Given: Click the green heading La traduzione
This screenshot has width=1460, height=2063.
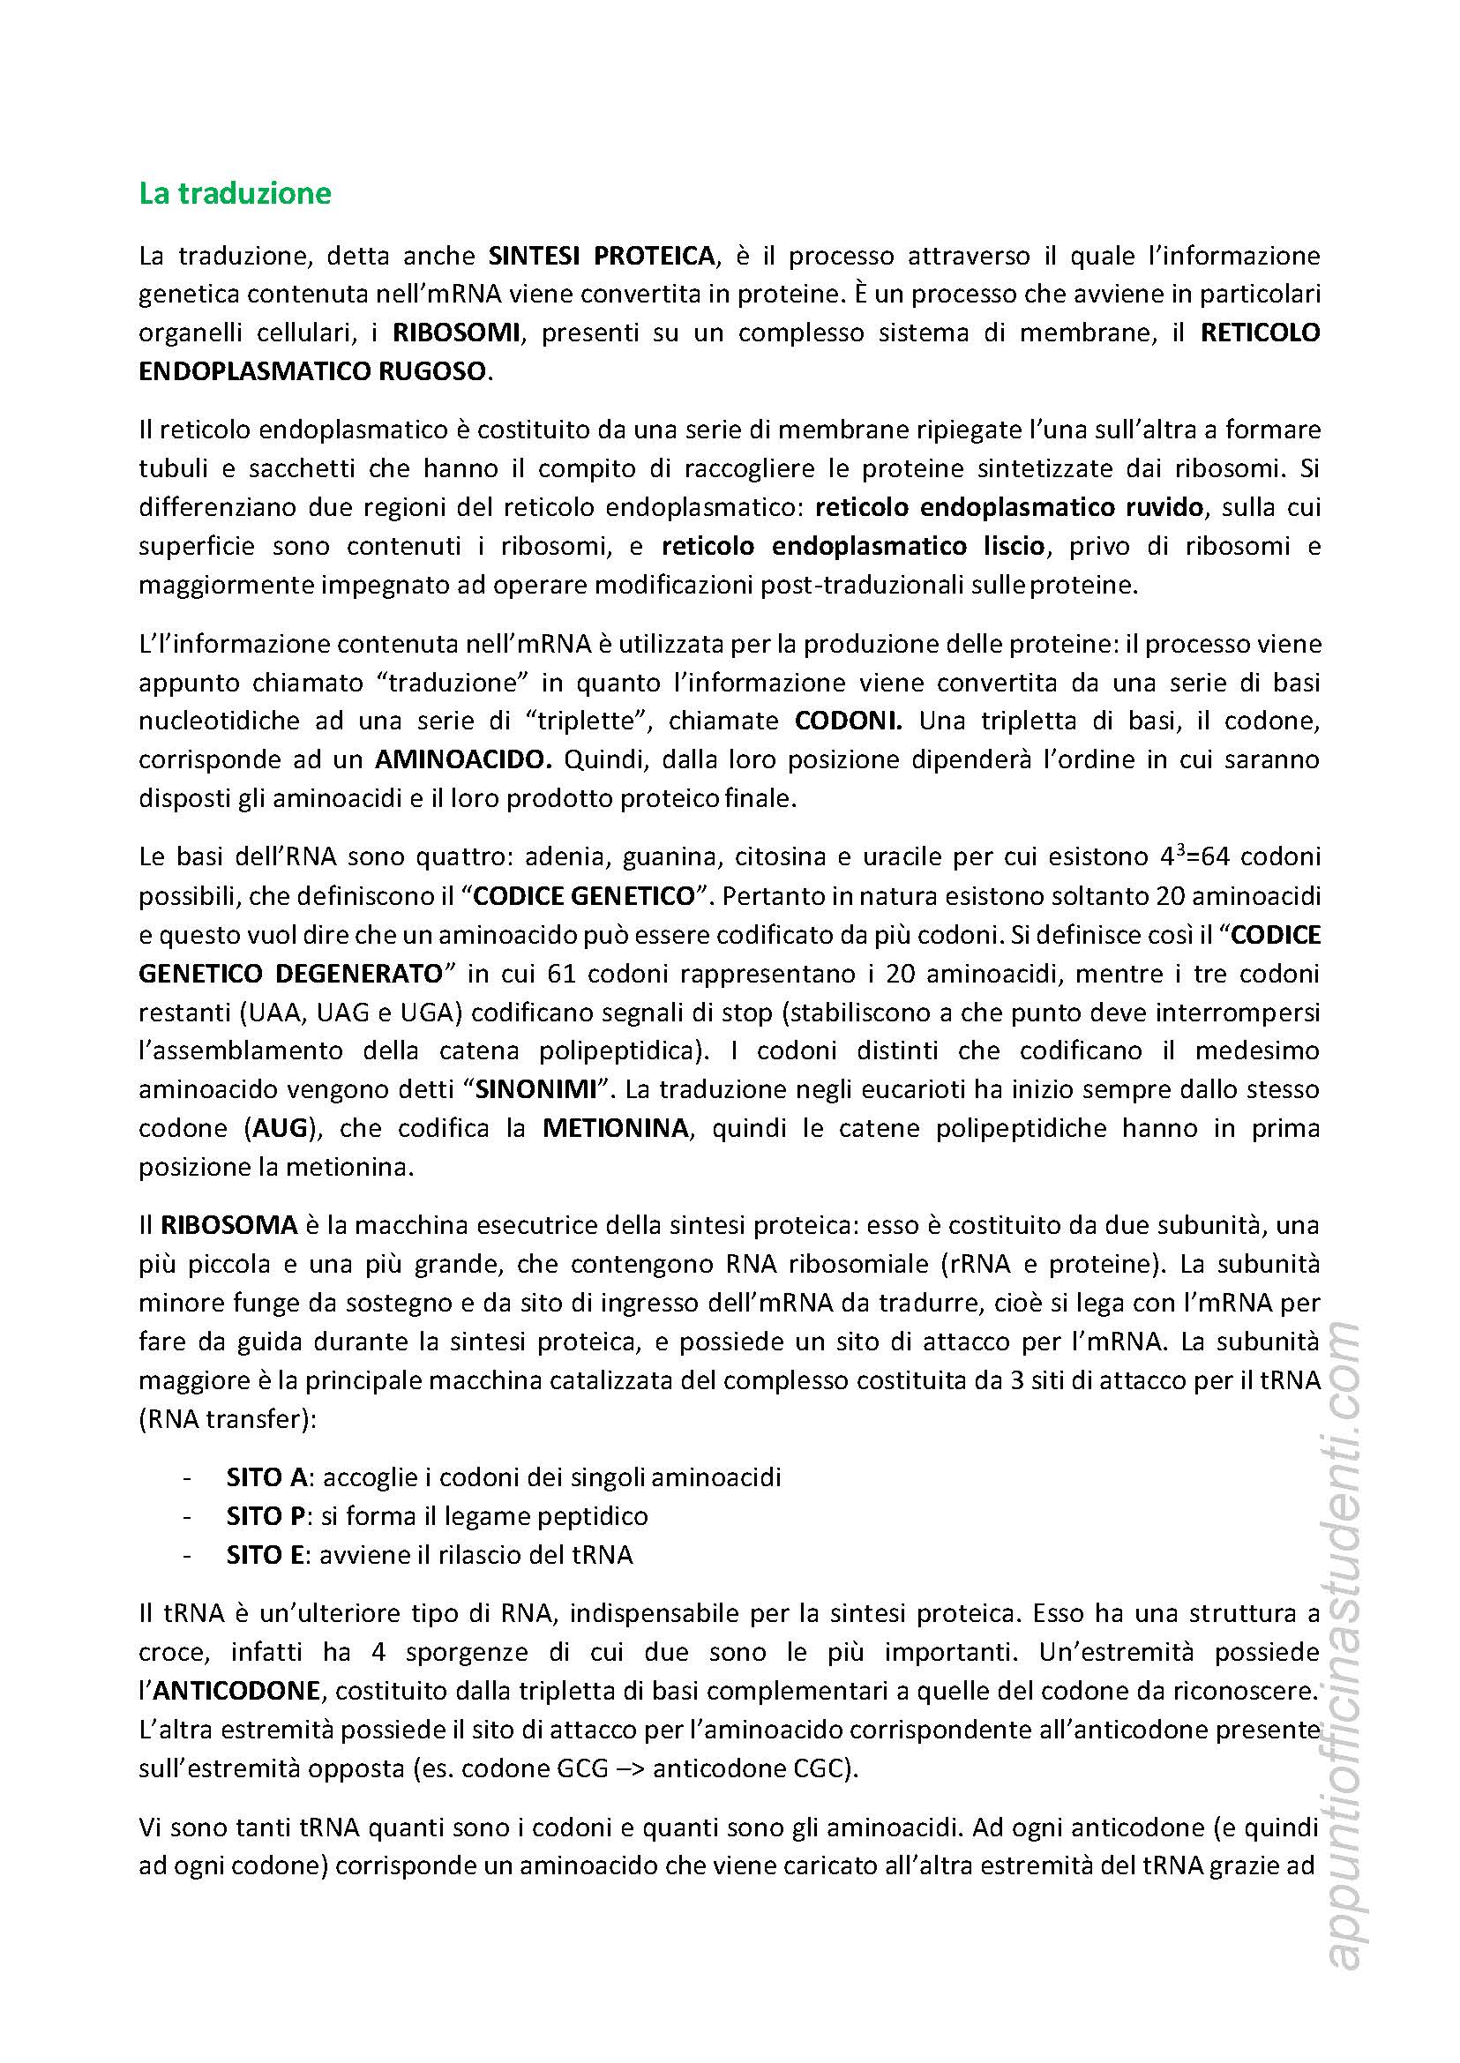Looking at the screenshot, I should tap(235, 193).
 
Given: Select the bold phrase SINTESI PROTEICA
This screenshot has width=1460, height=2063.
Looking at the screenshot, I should tap(602, 256).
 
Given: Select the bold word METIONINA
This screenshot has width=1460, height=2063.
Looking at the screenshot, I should tap(615, 1128).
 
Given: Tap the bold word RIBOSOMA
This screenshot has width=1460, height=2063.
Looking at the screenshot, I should tap(229, 1224).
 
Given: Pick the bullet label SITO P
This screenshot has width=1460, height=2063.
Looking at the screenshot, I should tap(267, 1515).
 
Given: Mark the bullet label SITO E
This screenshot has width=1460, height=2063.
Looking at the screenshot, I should tap(266, 1554).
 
